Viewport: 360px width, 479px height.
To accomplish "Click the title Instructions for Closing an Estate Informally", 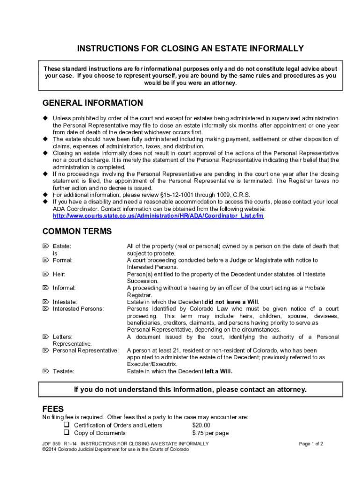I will (190, 49).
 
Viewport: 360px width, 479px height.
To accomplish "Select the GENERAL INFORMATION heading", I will (93, 103).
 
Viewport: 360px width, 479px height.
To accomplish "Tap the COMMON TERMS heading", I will (77, 231).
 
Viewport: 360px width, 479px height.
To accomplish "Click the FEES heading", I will (53, 408).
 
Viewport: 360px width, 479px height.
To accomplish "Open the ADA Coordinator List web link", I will (158, 216).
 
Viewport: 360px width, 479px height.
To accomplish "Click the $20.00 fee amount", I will (201, 425).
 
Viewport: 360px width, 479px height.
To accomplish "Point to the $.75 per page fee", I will (210, 433).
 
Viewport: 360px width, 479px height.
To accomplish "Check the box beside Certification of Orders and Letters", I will (66, 425).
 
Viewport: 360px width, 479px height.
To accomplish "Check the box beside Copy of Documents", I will (66, 433).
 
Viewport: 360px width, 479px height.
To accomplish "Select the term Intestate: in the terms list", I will (65, 302).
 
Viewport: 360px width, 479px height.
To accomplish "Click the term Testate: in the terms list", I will (64, 371).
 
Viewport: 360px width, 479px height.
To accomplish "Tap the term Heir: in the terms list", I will (59, 274).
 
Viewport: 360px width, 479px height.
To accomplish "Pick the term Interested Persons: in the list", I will (79, 309).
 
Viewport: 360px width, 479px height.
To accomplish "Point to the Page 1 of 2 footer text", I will (311, 443).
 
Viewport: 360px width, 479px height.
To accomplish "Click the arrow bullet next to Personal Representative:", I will (46, 350).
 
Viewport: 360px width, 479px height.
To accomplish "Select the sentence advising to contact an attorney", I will (190, 389).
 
